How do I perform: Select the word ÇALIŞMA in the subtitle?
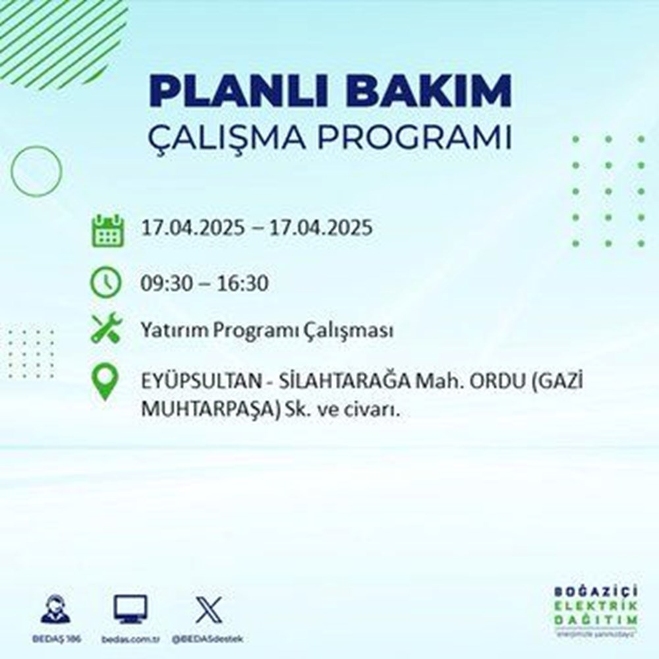222,140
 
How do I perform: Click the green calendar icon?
106,230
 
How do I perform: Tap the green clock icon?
106,283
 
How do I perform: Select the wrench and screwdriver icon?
106,328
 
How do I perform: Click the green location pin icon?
106,382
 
